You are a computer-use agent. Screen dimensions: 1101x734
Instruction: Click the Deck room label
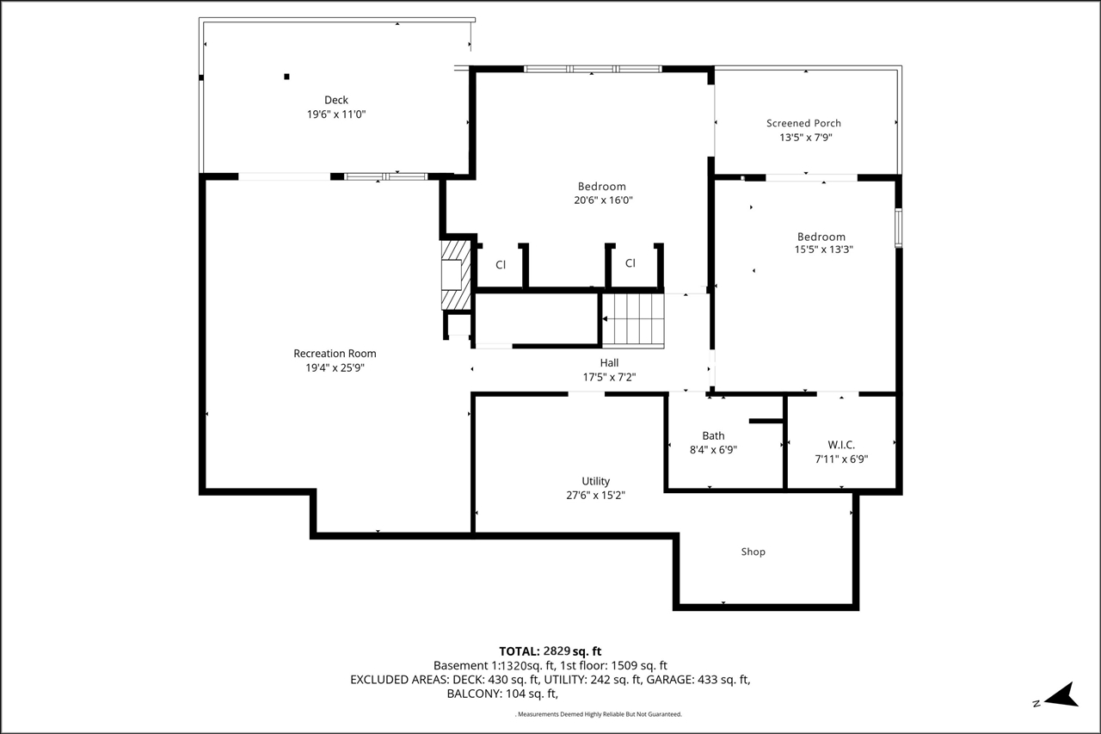[336, 101]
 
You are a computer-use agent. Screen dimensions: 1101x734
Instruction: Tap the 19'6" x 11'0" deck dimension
[336, 114]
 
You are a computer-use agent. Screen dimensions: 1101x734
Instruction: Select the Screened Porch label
[803, 123]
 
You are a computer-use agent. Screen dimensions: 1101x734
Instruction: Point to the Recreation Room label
[335, 354]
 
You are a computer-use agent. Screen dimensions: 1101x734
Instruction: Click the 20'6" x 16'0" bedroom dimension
[603, 200]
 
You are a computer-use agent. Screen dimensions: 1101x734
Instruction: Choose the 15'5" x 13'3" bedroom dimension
[824, 250]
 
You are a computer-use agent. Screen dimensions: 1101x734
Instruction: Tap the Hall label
[609, 363]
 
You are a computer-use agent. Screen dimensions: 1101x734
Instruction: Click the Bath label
[713, 436]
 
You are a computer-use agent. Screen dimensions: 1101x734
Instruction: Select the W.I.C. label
[841, 445]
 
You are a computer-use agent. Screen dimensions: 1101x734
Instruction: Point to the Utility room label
[596, 481]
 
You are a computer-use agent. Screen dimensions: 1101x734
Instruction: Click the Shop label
[753, 552]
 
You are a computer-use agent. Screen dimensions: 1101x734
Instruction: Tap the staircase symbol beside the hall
[633, 320]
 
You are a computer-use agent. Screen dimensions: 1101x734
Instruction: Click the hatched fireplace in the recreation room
[456, 274]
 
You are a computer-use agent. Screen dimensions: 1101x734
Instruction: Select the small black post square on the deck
[286, 77]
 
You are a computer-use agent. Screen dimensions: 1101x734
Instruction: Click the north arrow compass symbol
[1061, 695]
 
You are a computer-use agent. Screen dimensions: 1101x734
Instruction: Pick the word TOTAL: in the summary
[520, 651]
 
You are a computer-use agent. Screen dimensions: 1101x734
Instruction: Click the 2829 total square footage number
[557, 651]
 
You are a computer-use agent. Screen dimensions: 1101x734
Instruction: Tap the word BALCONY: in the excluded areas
[474, 694]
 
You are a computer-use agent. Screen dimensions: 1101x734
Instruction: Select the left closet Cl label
[501, 265]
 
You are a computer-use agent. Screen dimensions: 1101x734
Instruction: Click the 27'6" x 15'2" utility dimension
[596, 496]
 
